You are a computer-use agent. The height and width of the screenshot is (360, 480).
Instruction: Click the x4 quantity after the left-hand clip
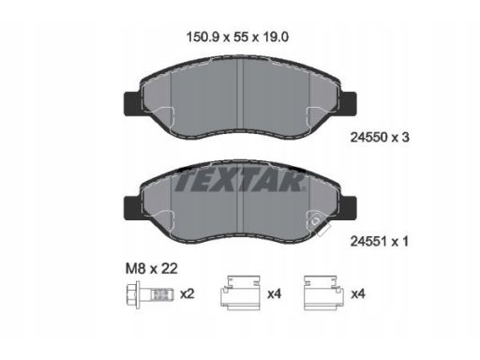274,293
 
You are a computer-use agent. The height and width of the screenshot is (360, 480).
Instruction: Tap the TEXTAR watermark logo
239,181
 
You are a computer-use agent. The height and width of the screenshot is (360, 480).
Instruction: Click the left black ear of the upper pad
131,97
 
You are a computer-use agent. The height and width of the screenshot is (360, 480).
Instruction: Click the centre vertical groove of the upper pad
241,89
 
